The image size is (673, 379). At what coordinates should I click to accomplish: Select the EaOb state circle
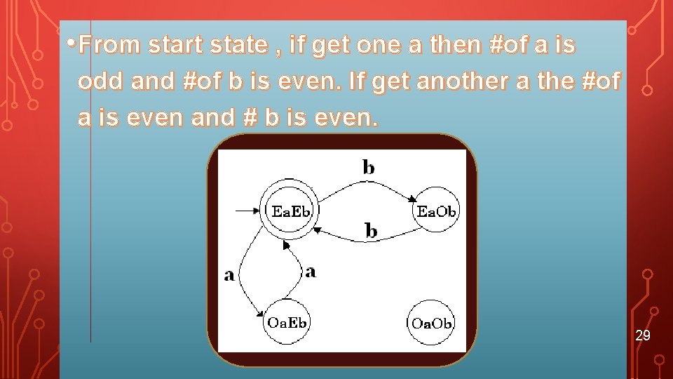[437, 211]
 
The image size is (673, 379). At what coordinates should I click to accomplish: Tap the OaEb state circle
[287, 323]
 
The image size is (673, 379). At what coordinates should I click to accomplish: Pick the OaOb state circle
[431, 323]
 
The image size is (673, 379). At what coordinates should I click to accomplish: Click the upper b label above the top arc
[368, 167]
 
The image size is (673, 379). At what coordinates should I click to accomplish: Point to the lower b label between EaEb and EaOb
[371, 230]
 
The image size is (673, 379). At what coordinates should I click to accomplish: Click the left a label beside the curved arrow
[229, 275]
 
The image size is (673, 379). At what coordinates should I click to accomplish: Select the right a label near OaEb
[311, 271]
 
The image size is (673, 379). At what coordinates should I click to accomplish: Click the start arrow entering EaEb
[247, 209]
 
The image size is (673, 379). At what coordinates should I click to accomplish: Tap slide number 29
[643, 335]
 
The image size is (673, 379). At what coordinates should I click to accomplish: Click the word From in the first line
[110, 46]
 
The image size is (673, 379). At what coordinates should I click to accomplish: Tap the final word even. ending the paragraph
[344, 118]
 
